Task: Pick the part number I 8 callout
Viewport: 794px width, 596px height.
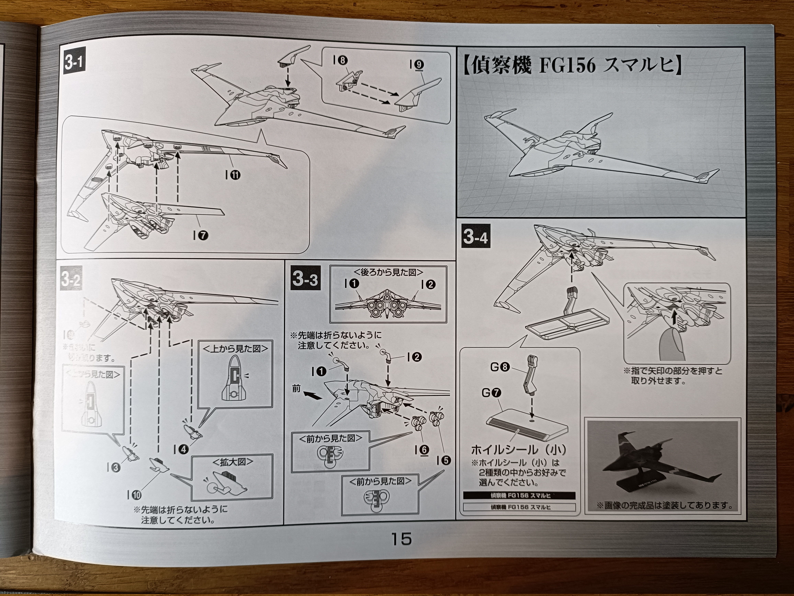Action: (x=340, y=60)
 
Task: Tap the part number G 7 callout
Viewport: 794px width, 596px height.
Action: (x=491, y=393)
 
